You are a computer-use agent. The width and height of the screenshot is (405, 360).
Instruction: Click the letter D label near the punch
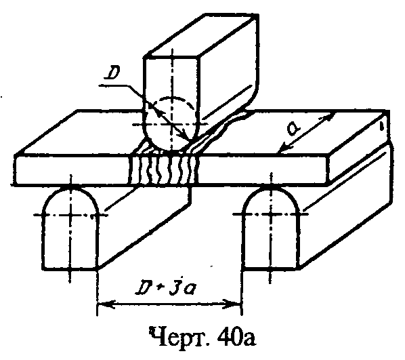[x=111, y=74]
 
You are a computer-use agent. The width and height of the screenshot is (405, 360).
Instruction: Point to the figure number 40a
[x=237, y=337]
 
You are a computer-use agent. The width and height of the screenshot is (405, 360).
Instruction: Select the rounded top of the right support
[x=271, y=197]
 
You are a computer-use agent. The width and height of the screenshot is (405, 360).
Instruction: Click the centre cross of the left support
[x=70, y=215]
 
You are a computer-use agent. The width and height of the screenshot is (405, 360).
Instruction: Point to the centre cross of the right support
[x=271, y=214]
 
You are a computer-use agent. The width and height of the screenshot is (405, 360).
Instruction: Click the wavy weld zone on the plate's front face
[x=163, y=170]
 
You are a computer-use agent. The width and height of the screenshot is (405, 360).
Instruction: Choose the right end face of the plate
[x=360, y=147]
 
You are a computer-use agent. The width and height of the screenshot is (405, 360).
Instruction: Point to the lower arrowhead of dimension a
[x=284, y=148]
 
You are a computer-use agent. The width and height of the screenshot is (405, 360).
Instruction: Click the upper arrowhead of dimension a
[x=328, y=117]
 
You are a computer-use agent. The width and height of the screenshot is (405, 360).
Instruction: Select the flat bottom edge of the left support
[x=70, y=269]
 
